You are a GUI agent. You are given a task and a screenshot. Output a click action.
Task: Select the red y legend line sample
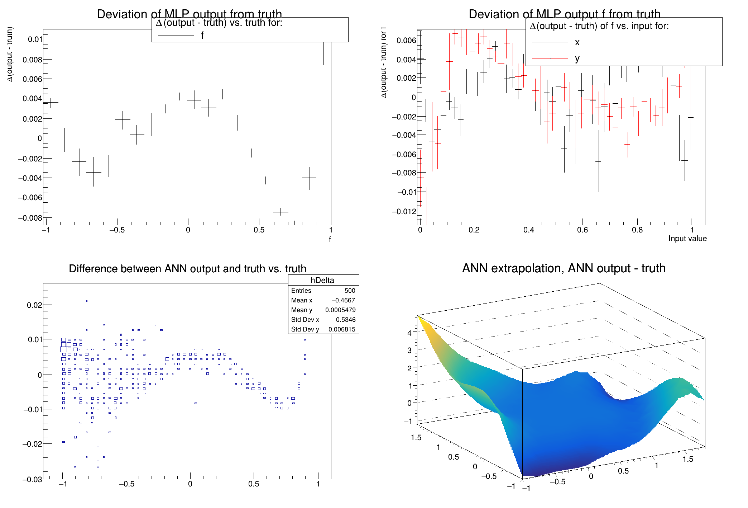coord(550,58)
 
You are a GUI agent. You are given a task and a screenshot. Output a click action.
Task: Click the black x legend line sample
coord(550,42)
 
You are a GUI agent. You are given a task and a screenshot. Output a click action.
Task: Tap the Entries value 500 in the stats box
coord(349,291)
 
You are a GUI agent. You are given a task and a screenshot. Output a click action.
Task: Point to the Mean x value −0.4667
coord(343,300)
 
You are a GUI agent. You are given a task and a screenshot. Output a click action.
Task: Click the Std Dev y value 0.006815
coord(342,329)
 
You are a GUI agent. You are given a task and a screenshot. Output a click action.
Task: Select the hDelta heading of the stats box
coord(322,280)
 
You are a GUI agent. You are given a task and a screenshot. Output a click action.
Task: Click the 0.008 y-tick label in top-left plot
coord(32,60)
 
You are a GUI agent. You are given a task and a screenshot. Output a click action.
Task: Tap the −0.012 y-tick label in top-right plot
coord(404,211)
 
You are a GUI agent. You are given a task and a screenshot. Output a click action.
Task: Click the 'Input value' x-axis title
coord(687,239)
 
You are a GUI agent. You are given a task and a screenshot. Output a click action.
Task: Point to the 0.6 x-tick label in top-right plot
coord(582,230)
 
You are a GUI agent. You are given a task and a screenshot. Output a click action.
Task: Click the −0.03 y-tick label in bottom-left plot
coord(32,480)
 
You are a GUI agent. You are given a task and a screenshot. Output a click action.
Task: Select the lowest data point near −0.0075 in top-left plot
coord(280,212)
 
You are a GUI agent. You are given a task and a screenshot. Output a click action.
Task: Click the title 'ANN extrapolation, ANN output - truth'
coord(564,268)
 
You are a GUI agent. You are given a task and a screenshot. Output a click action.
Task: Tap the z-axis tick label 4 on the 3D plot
coord(409,333)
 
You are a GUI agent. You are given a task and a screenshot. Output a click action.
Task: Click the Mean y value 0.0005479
coord(340,310)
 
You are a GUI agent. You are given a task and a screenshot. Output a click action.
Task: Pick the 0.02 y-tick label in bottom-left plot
coord(34,305)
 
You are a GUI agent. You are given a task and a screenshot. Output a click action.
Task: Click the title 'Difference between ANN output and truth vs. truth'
coord(187,269)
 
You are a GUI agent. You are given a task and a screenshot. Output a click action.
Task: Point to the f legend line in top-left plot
coord(176,36)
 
